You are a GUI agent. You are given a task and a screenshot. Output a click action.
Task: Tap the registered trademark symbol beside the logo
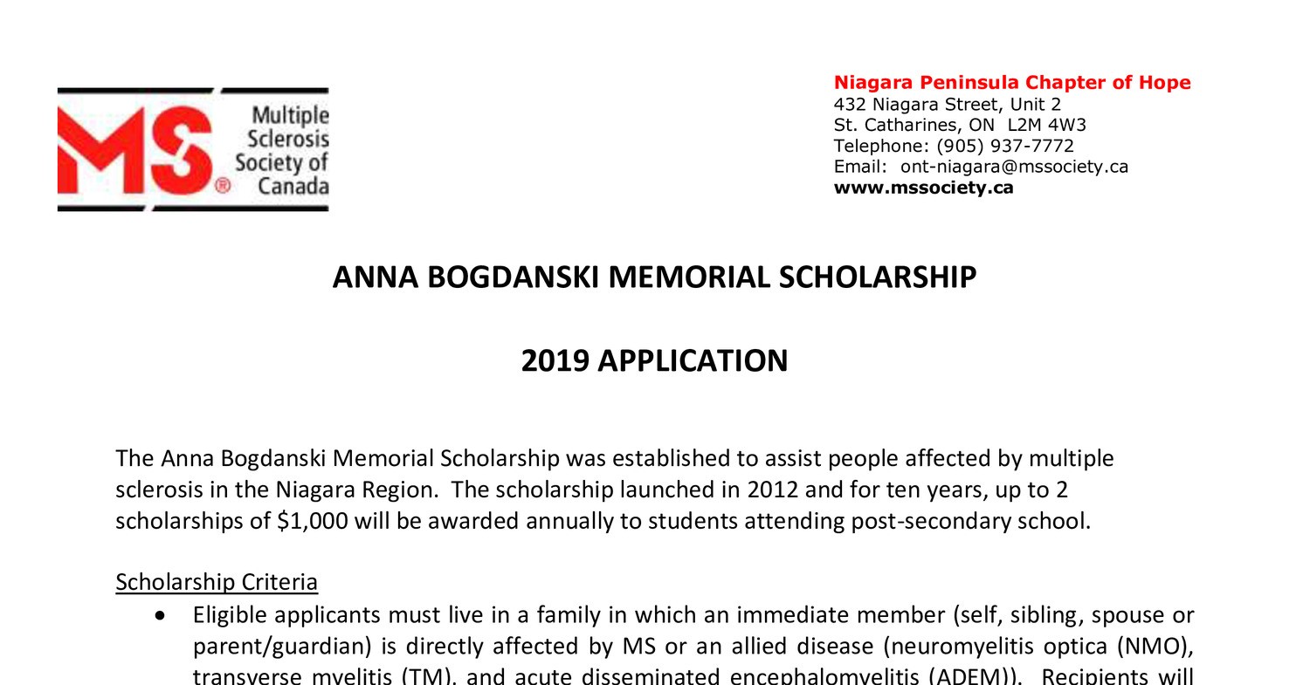[223, 186]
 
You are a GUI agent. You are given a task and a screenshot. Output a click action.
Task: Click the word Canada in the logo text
[293, 186]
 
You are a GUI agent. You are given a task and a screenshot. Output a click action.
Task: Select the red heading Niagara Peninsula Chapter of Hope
[1011, 83]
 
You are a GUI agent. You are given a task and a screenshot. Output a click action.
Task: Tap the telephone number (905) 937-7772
[1004, 146]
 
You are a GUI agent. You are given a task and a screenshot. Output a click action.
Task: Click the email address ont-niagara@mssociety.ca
[1014, 167]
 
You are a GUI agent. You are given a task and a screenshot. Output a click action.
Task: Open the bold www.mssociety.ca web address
[923, 188]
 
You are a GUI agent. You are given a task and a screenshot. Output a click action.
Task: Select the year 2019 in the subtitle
[555, 360]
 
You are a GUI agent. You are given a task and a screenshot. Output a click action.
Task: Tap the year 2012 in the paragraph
[772, 490]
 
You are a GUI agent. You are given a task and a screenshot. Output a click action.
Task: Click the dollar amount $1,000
[313, 521]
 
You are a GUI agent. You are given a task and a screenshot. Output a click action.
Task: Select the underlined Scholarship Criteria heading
[217, 582]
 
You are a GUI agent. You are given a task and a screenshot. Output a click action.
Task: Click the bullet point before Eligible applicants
[159, 616]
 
